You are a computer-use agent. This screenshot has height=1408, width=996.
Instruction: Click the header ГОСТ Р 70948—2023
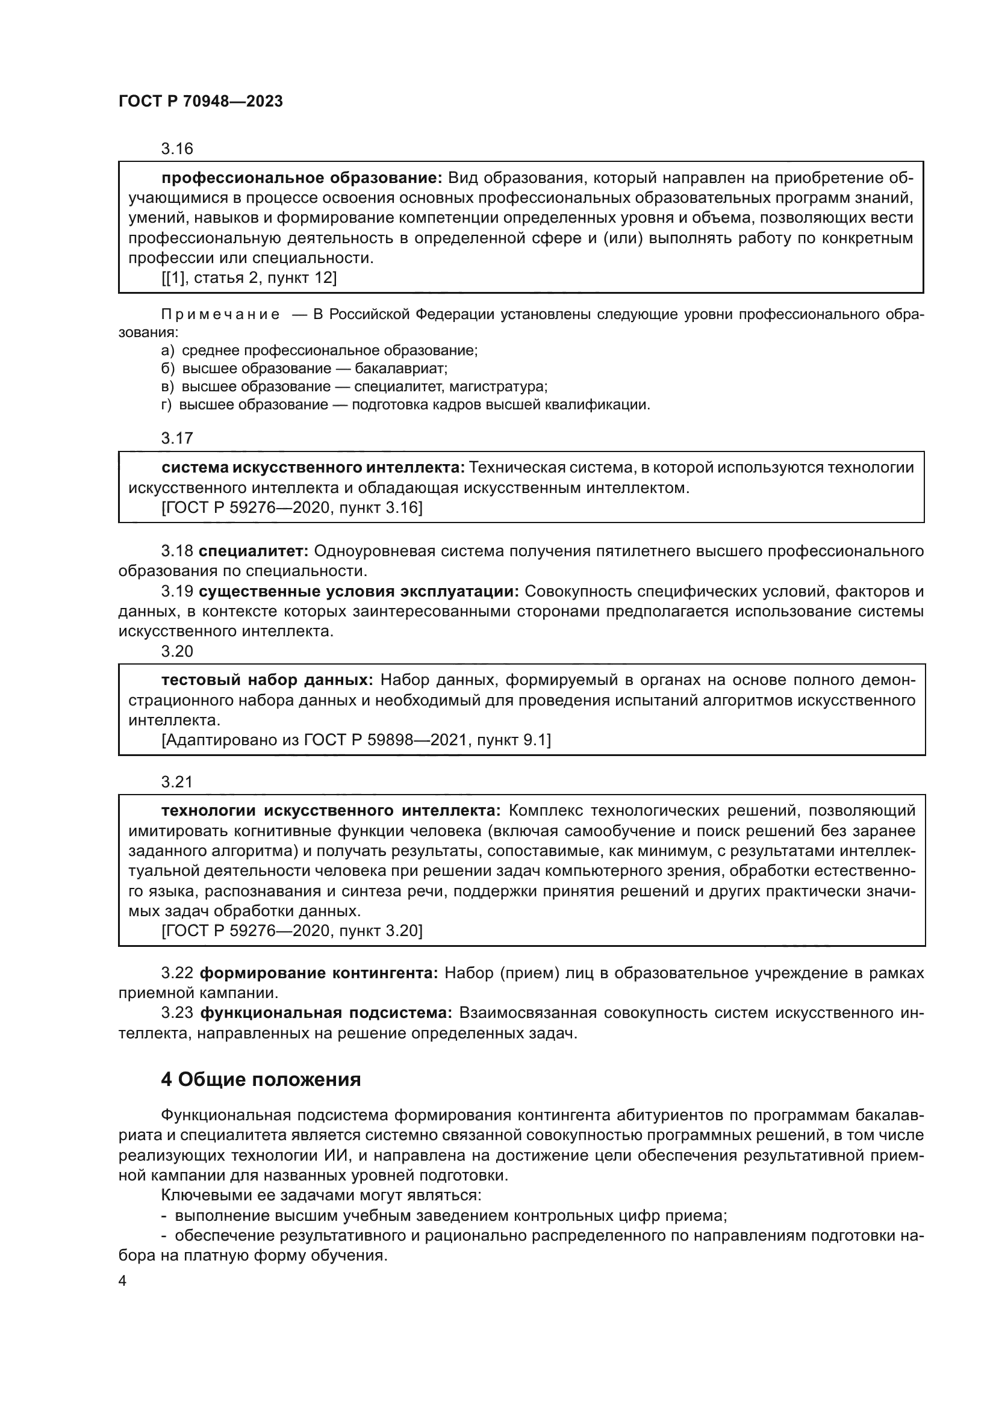click(201, 102)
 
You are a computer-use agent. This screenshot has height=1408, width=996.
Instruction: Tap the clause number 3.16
click(176, 149)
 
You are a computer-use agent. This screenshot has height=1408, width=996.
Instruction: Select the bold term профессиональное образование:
click(302, 178)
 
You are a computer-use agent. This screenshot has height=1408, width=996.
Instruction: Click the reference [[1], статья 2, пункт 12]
click(249, 278)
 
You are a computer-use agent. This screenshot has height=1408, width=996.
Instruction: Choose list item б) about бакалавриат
click(304, 368)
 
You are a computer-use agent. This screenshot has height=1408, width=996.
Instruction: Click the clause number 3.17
click(176, 438)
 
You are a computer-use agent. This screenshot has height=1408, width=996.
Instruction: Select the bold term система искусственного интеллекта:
click(313, 467)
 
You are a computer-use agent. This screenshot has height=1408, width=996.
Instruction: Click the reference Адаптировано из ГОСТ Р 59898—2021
click(356, 740)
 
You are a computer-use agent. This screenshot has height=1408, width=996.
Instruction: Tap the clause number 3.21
click(176, 782)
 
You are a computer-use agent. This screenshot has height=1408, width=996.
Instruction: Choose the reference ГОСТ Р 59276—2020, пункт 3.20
click(292, 931)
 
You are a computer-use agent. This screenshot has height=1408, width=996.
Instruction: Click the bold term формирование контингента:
click(319, 973)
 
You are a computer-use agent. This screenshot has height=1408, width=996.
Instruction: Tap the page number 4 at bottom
click(122, 1281)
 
